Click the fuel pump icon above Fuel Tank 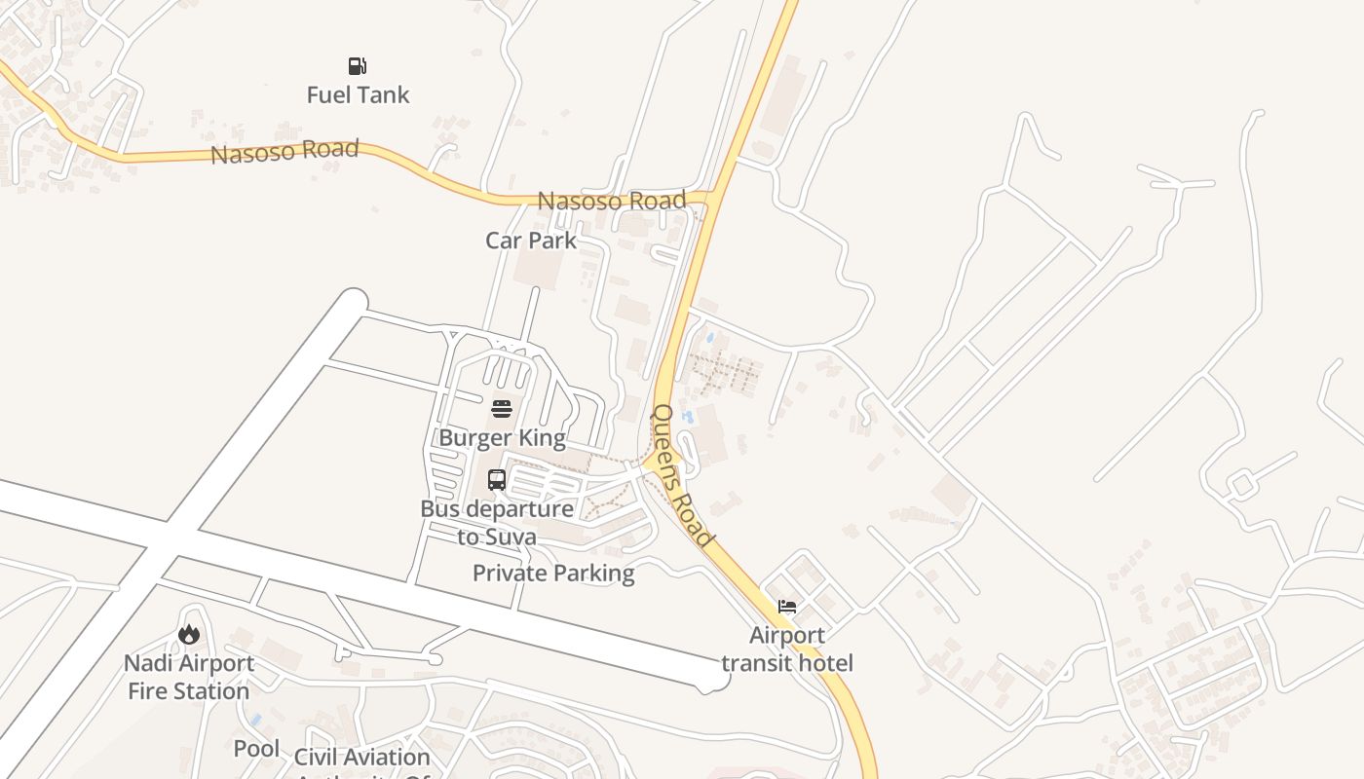(358, 66)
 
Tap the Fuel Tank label (358, 95)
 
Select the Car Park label (531, 241)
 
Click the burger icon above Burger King (502, 408)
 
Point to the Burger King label (502, 437)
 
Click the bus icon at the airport (497, 479)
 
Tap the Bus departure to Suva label (497, 522)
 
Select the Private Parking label (553, 574)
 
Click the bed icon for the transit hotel (787, 607)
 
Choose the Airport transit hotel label (787, 649)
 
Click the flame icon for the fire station (189, 635)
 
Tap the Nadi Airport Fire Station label (189, 677)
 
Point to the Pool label (256, 749)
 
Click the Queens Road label (681, 475)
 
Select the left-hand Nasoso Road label (285, 152)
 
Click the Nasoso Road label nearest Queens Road (612, 201)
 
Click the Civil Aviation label (361, 758)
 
